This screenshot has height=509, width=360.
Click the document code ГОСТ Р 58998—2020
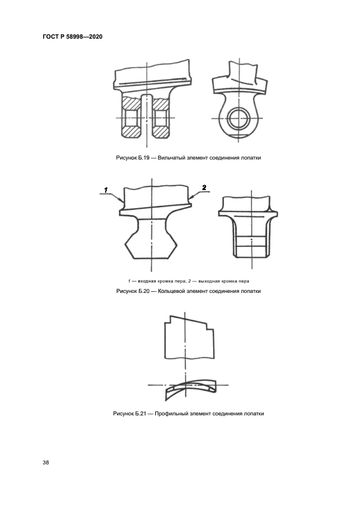[x=72, y=36]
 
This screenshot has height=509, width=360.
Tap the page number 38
[x=46, y=462]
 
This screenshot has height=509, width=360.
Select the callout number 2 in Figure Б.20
[x=204, y=187]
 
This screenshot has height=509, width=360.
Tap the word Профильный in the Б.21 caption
[x=169, y=414]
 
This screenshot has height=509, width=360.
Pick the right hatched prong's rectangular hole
[x=160, y=118]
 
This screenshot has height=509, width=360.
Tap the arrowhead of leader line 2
[x=190, y=198]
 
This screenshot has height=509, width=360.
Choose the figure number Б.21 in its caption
[x=141, y=414]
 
